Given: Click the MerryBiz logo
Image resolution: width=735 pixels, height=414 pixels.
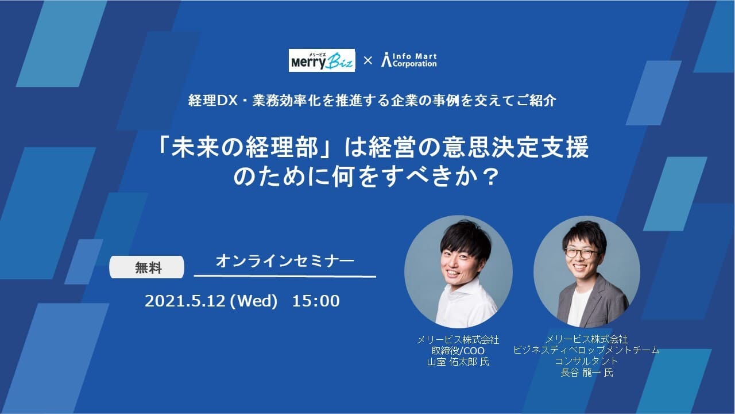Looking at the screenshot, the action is [x=322, y=60].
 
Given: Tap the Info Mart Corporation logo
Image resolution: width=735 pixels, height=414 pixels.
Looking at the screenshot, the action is [x=409, y=60].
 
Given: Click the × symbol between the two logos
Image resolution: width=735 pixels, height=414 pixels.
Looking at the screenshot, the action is [x=368, y=60].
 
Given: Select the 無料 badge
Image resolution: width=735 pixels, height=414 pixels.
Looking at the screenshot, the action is [x=146, y=267].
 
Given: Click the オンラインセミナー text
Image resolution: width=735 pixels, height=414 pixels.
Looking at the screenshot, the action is [x=285, y=261].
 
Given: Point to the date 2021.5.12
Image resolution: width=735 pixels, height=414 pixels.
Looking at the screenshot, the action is [x=185, y=301].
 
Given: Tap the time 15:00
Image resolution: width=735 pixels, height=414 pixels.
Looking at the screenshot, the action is [x=316, y=301].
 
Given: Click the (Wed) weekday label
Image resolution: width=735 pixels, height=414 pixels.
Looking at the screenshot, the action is [x=254, y=301].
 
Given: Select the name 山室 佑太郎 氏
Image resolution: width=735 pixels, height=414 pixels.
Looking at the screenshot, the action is [x=458, y=362].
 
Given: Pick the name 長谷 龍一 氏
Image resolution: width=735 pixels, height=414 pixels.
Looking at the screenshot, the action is [x=587, y=373].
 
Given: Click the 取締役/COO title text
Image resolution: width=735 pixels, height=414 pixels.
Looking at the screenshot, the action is [x=458, y=351].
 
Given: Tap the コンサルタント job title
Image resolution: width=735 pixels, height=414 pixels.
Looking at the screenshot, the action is [x=586, y=361].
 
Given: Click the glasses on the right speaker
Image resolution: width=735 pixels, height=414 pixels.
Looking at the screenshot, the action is [x=581, y=254].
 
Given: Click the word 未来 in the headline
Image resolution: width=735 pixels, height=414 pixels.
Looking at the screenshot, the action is [x=195, y=148].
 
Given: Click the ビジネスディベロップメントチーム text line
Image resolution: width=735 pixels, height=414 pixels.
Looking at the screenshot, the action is [x=586, y=350].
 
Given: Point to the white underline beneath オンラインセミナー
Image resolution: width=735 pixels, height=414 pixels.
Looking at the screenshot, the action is [x=285, y=277].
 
